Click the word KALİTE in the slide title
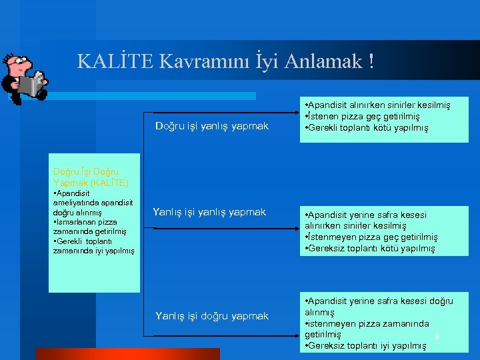click(116, 61)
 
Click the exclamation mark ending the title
click(371, 61)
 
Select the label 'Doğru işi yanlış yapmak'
click(212, 126)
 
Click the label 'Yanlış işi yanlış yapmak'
click(209, 212)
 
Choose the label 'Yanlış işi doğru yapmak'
click(212, 316)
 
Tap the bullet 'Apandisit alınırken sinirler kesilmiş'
click(377, 105)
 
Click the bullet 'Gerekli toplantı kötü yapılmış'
click(366, 128)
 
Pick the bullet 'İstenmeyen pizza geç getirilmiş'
click(371, 237)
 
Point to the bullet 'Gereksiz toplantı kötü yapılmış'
click(369, 249)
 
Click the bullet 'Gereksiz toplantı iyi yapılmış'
click(365, 346)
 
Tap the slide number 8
click(437, 336)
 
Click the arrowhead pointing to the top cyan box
click(295, 113)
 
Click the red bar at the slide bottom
click(127, 353)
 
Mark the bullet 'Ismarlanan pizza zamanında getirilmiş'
click(85, 227)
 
